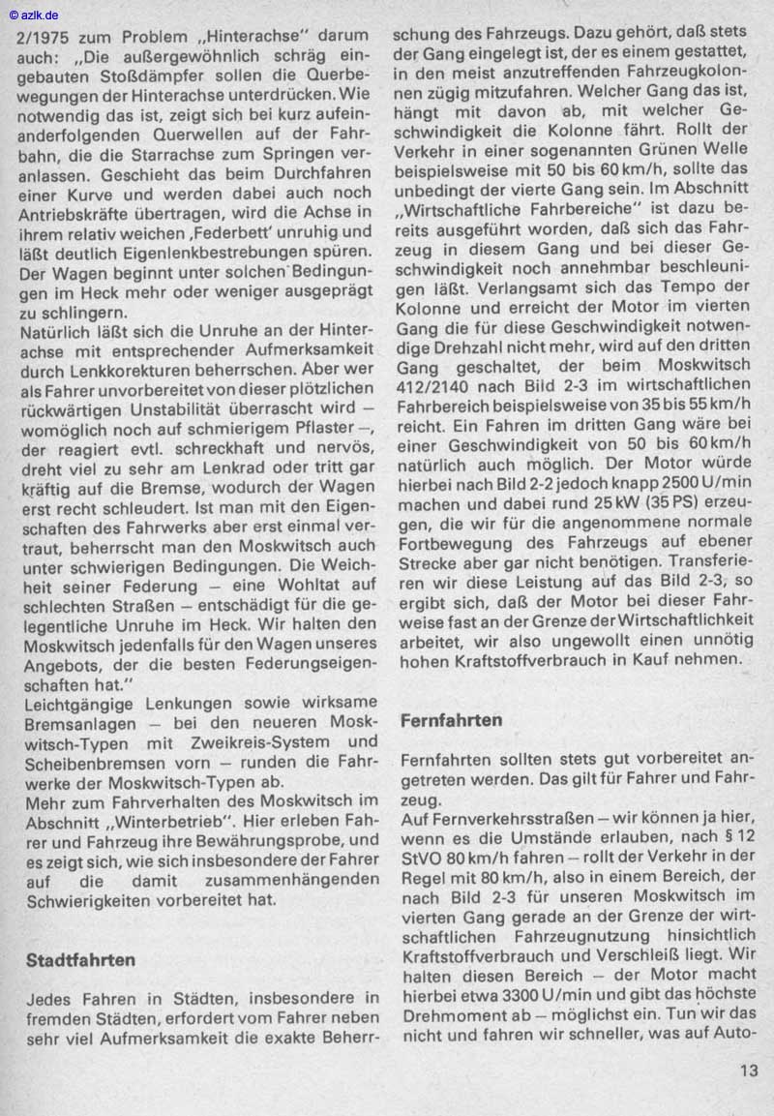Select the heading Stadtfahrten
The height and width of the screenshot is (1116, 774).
click(80, 960)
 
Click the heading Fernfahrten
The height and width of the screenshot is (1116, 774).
click(451, 720)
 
